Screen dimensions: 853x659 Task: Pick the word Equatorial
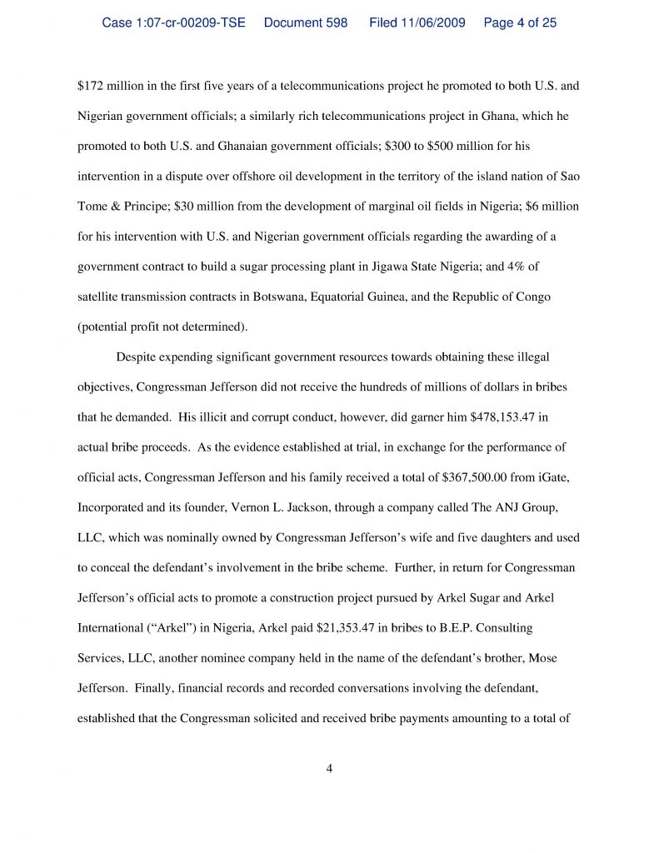372,297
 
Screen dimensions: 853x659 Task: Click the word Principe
137,207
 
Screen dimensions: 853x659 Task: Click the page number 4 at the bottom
330,768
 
